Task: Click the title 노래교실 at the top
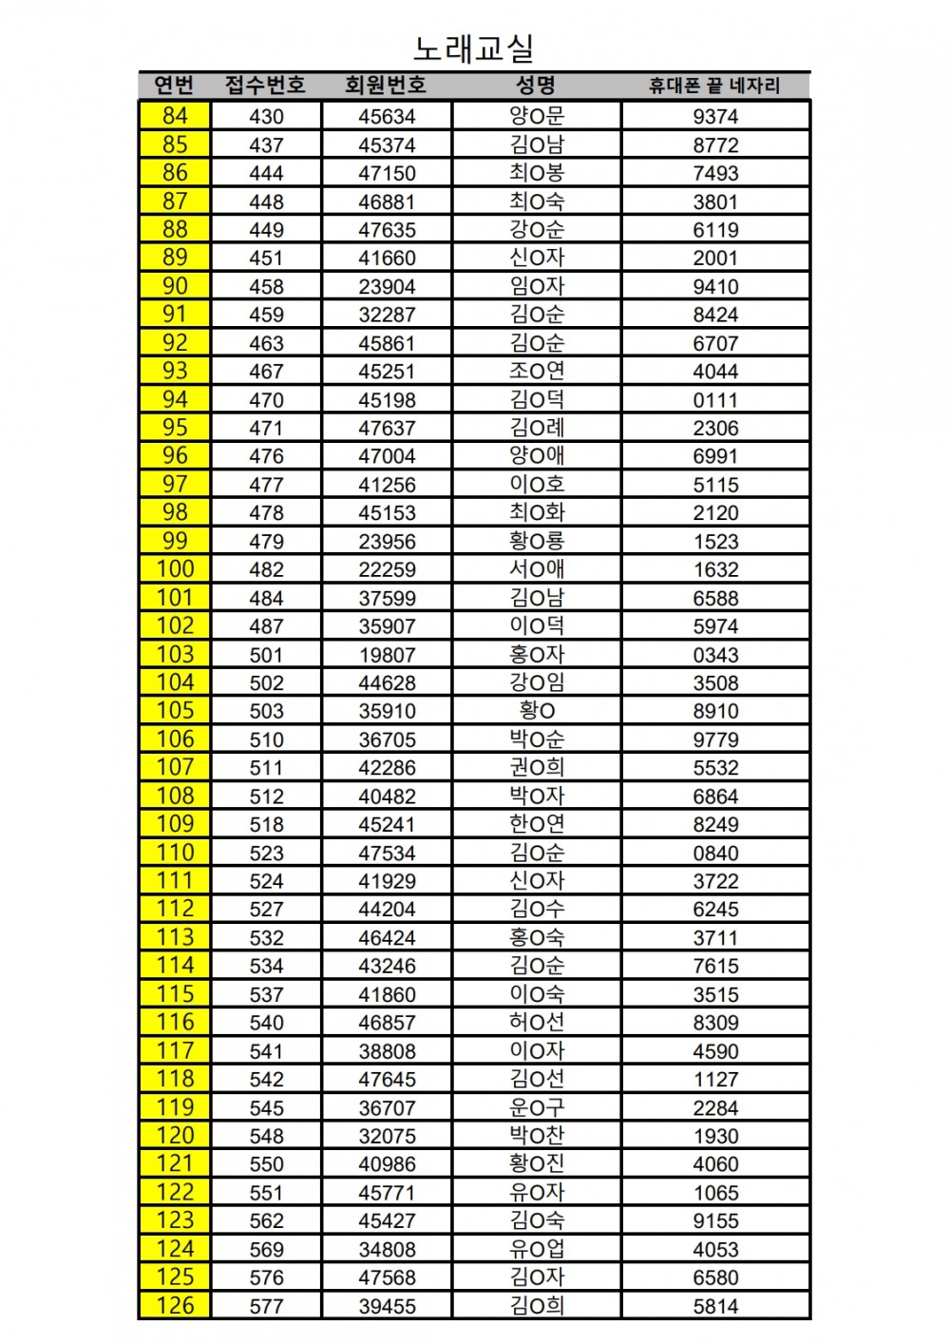click(474, 48)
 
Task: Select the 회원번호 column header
click(386, 86)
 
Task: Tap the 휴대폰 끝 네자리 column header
click(714, 86)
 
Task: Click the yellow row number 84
click(175, 116)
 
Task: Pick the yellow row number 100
click(175, 569)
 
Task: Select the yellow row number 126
click(175, 1306)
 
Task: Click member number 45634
click(387, 117)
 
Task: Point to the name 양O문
click(537, 116)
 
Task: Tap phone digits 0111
click(715, 400)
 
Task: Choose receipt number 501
click(266, 655)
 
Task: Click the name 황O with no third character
click(537, 711)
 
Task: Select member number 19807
click(387, 655)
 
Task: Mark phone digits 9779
click(715, 739)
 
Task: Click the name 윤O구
click(537, 1107)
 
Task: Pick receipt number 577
click(266, 1307)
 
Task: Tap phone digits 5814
click(715, 1307)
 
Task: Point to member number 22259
click(387, 570)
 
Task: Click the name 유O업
click(537, 1249)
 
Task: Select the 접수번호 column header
click(265, 86)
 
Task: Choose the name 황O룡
click(537, 541)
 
